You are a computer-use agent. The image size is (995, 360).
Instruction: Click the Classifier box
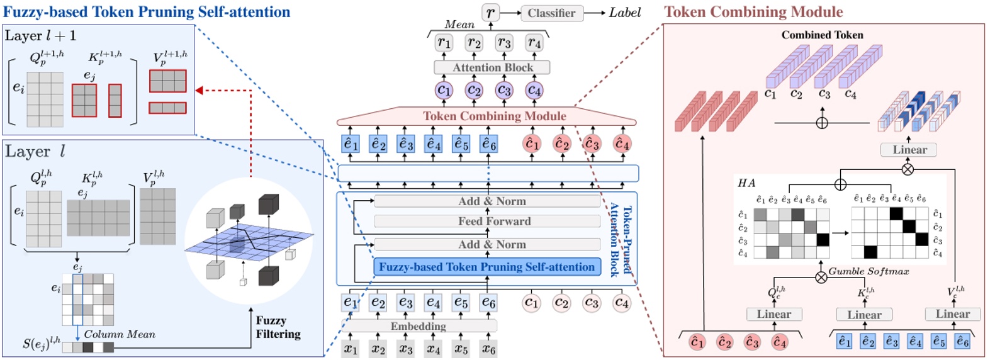[551, 13]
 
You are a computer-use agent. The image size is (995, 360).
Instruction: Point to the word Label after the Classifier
[624, 13]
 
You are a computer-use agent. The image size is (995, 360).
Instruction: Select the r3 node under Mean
[503, 43]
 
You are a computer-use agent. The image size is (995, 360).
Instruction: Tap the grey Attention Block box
[492, 67]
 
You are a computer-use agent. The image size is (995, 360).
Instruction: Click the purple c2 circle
[474, 91]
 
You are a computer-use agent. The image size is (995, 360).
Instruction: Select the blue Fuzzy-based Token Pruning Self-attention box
[486, 267]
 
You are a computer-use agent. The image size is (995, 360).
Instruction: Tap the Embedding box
[419, 326]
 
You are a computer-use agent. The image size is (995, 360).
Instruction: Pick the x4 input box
[433, 349]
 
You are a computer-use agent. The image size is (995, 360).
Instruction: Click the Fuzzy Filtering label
[278, 327]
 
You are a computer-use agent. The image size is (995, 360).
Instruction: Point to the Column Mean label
[120, 334]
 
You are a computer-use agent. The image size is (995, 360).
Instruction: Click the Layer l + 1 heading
[40, 36]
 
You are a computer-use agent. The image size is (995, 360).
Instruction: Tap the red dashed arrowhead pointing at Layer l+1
[199, 91]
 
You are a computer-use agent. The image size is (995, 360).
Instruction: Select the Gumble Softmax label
[869, 271]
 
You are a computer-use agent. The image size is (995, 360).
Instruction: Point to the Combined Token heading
[822, 35]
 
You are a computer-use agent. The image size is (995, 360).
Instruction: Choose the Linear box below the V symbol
[952, 314]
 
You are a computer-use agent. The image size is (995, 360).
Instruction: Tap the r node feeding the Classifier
[490, 13]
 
